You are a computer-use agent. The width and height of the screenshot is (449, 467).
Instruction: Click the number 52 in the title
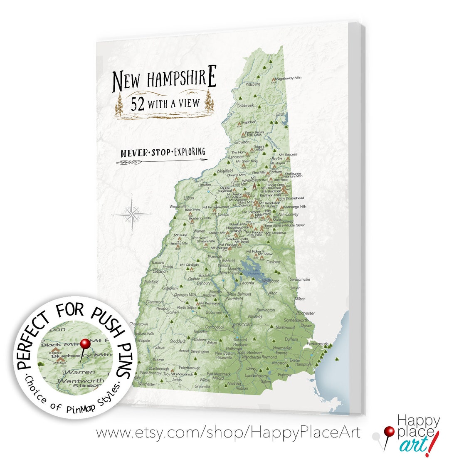pos(138,104)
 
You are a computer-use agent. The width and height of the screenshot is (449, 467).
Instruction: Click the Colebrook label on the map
pos(245,106)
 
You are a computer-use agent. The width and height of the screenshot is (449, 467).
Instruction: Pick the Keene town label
pos(158,359)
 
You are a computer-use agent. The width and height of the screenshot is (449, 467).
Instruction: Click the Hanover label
pos(158,262)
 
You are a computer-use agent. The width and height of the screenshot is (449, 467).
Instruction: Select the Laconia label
pos(247,283)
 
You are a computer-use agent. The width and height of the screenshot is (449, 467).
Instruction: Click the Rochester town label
pos(306,313)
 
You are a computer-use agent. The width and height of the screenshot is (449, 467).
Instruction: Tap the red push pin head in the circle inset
pos(85,343)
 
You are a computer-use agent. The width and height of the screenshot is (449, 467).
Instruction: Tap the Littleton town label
pos(204,185)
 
